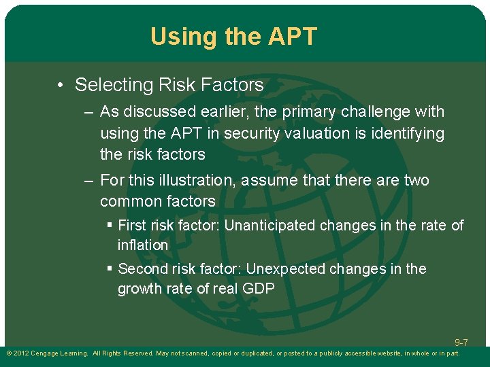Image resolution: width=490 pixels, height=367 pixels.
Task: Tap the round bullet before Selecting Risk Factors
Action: [61, 86]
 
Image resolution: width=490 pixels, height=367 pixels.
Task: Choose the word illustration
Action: [191, 180]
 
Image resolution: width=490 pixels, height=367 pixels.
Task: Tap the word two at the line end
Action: [416, 180]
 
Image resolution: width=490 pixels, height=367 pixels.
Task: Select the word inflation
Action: [142, 245]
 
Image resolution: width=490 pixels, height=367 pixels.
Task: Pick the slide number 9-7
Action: [461, 343]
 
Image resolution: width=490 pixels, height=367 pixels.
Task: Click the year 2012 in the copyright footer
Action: [21, 353]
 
